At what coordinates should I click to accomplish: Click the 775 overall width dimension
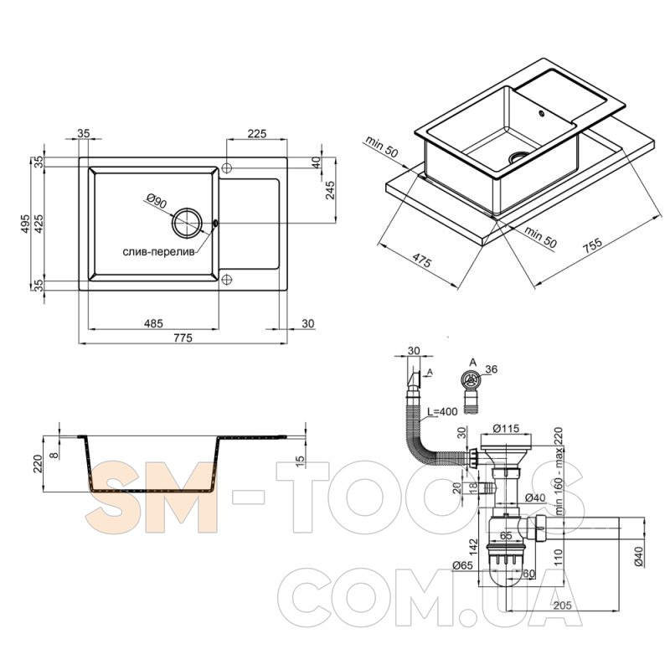(x=183, y=338)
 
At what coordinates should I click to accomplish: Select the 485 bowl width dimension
(x=153, y=323)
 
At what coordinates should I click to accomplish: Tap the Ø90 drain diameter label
(x=157, y=201)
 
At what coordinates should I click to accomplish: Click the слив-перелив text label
(x=158, y=252)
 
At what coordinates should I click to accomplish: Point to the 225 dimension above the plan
(x=257, y=133)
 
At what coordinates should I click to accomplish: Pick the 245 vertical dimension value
(x=330, y=190)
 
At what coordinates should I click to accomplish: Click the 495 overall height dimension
(x=25, y=224)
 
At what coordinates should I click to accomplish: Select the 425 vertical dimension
(x=39, y=224)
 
